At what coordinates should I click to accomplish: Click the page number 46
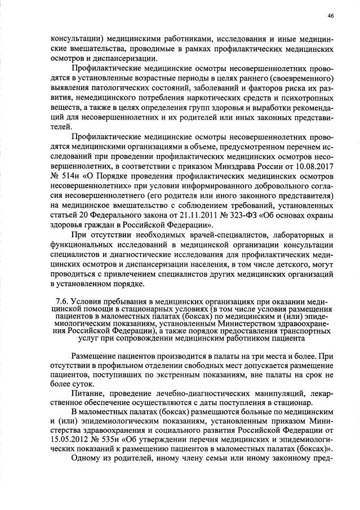[x=330, y=16]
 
